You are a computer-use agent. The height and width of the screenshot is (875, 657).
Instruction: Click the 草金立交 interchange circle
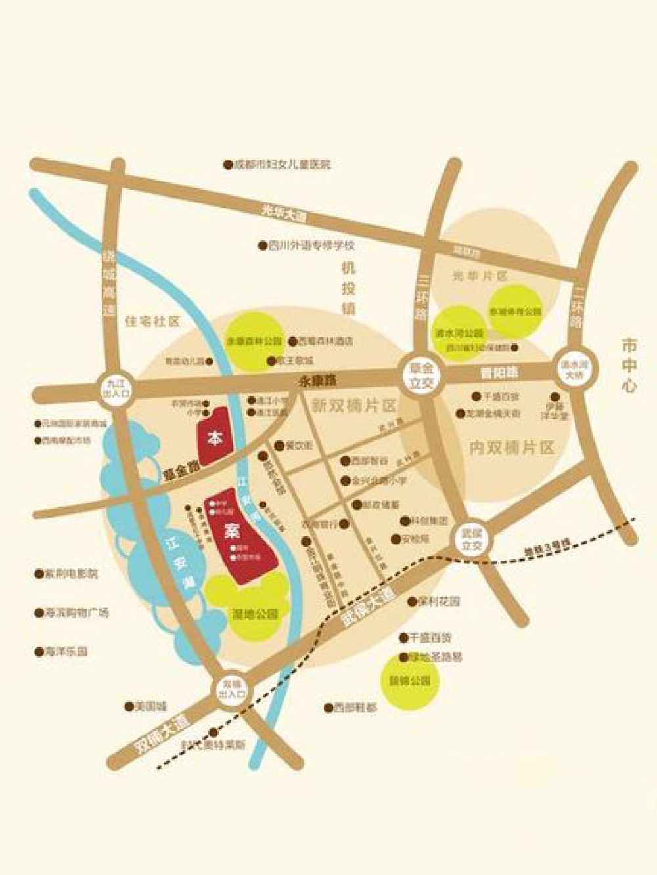point(421,376)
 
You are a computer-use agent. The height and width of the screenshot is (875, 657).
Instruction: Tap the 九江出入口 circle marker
point(117,387)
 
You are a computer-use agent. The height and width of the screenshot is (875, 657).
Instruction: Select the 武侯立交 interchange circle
point(471,540)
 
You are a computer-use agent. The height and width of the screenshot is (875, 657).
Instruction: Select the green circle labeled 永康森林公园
point(254,341)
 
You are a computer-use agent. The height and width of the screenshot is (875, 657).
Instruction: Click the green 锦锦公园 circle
point(410,681)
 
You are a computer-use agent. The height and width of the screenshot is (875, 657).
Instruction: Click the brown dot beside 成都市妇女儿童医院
point(228,164)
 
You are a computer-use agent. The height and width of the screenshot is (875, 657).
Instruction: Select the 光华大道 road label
point(284,213)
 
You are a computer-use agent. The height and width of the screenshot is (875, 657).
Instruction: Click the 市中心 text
point(629,365)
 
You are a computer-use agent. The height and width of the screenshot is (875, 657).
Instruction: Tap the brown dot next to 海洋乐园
point(39,652)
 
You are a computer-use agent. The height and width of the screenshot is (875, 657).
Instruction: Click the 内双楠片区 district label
point(512,448)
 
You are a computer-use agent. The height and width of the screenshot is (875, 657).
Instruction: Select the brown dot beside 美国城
point(129,707)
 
